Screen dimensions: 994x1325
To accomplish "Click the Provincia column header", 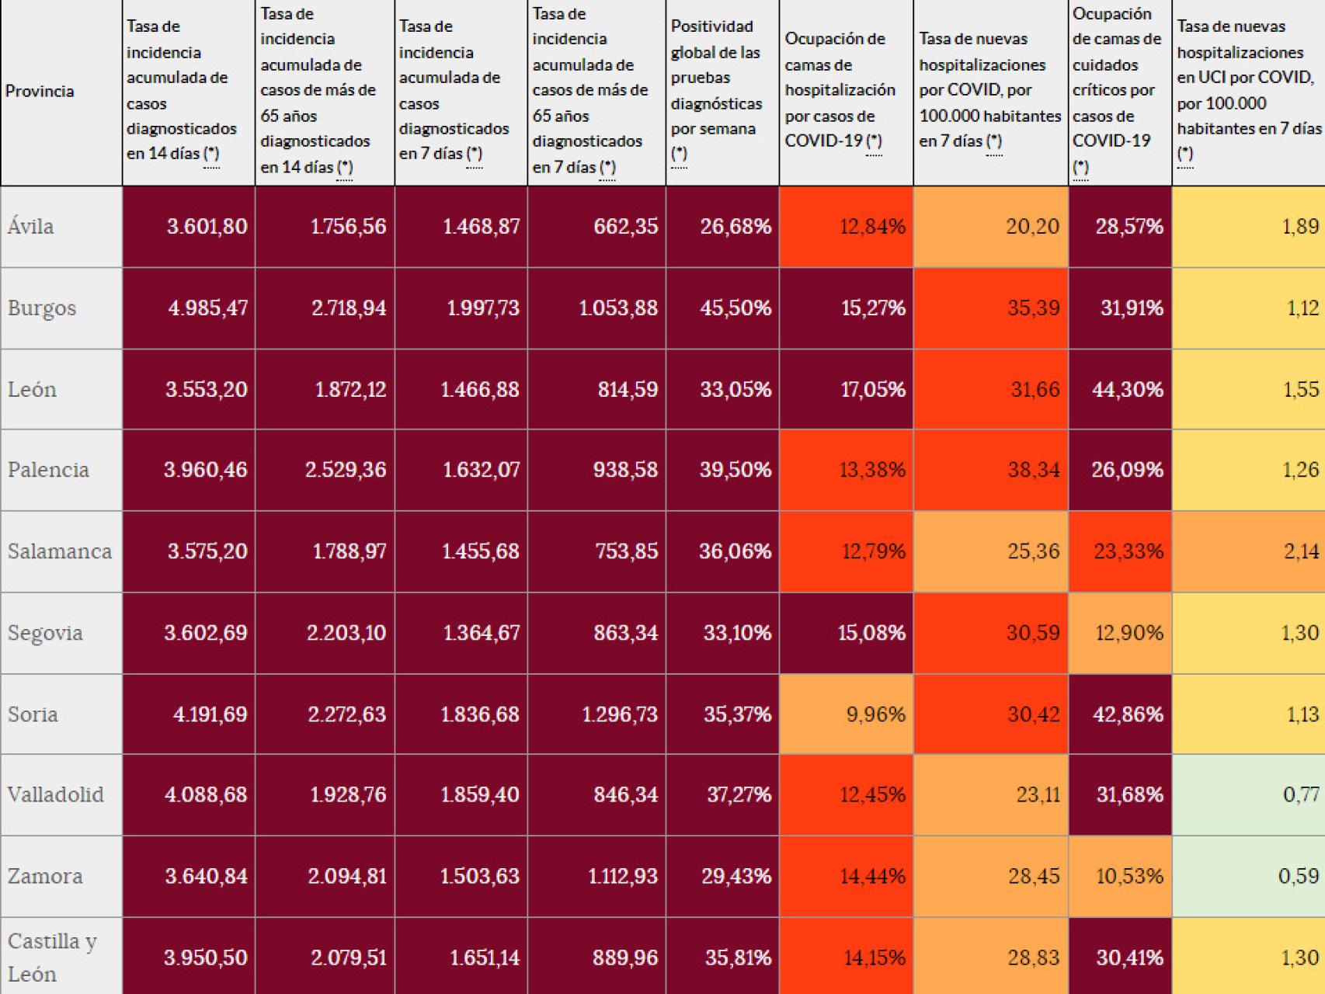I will (40, 91).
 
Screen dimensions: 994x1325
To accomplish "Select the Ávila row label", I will (31, 227).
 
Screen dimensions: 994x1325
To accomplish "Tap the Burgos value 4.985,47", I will (207, 308).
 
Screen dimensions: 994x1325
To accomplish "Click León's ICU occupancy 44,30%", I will (1128, 389).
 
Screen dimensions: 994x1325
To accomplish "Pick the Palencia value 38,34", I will (1033, 470).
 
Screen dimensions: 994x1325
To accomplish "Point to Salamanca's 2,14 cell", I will (1300, 551).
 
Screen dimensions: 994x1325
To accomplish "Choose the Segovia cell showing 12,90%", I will (1129, 633).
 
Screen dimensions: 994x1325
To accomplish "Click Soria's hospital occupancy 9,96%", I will (875, 714).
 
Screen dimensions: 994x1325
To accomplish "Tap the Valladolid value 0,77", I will (1300, 794).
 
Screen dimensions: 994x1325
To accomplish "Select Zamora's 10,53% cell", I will (1129, 876).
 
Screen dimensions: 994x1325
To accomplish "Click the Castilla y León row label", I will (52, 957).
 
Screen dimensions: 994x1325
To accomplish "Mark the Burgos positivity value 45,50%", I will (736, 308).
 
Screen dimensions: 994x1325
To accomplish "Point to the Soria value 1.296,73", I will (620, 714).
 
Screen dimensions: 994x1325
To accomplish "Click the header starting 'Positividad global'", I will (717, 90).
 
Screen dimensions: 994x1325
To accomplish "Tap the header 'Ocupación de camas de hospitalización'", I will (840, 90).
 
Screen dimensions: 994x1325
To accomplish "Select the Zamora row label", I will (45, 876).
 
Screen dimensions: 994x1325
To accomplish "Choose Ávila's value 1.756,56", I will (348, 227).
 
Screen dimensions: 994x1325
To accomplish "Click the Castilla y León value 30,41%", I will (1129, 958).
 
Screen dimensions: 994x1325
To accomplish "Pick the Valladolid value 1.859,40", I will (480, 794).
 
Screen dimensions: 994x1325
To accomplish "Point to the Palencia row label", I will (48, 470).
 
